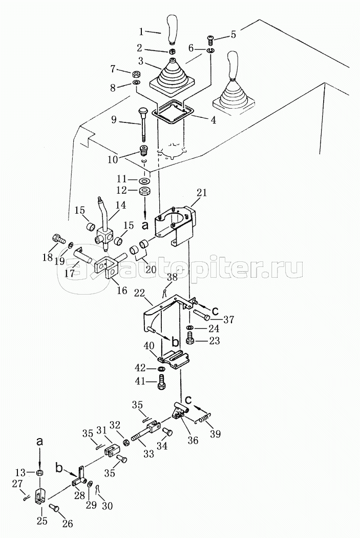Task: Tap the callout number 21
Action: tap(202, 193)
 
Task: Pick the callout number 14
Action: tap(121, 204)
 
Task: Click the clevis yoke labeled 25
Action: tap(41, 497)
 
